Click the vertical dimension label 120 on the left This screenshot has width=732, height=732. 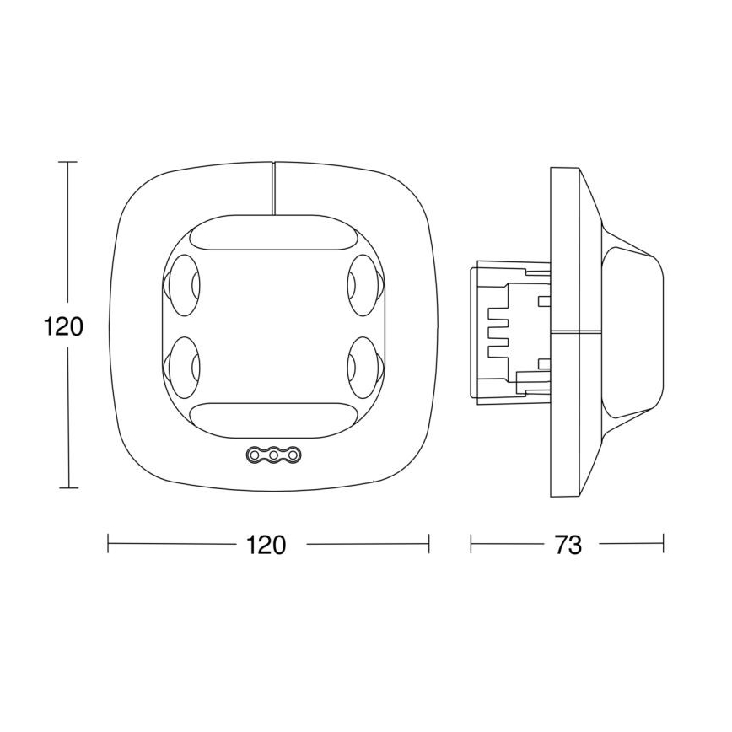click(x=63, y=326)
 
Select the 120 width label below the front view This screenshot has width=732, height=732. click(x=266, y=545)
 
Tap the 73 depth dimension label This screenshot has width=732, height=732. click(x=568, y=545)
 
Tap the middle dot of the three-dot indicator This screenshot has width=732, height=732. click(x=274, y=455)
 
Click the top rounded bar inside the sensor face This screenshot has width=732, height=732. click(x=273, y=235)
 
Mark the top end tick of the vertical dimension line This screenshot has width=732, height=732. click(x=68, y=161)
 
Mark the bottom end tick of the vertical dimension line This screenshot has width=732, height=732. click(x=68, y=488)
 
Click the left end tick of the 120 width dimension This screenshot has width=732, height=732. click(x=109, y=544)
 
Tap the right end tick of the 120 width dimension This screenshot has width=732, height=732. click(x=429, y=544)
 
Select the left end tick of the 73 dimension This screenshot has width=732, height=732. click(x=471, y=544)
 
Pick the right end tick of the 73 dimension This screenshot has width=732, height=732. click(x=663, y=544)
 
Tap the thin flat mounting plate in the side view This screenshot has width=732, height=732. click(x=564, y=331)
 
